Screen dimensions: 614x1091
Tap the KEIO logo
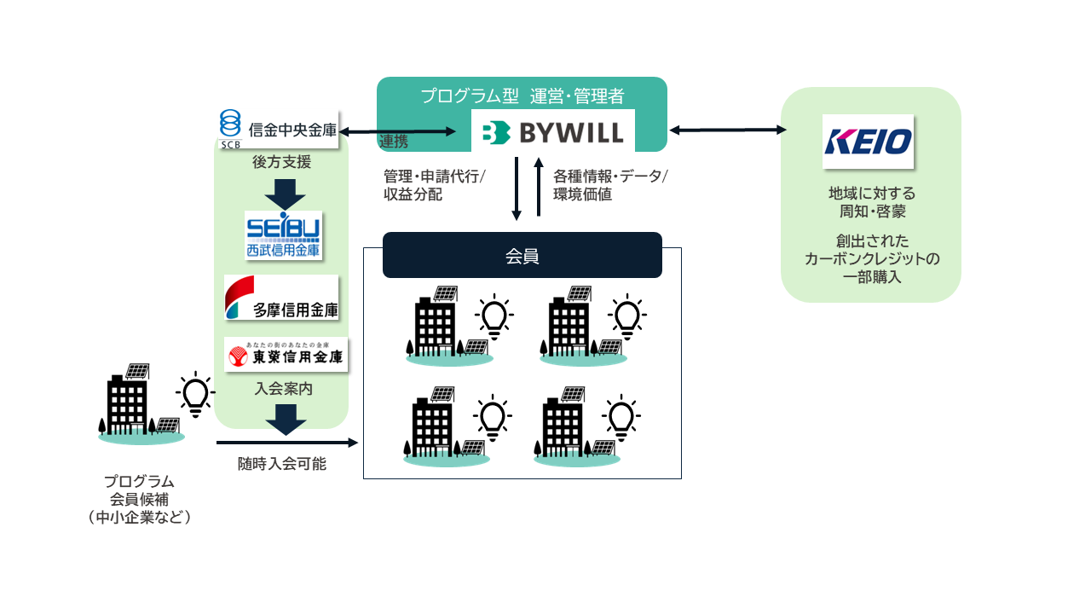(x=868, y=142)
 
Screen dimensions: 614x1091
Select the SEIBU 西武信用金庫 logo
(x=283, y=235)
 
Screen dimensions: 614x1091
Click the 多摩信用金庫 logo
(x=281, y=298)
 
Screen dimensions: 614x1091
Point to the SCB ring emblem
(x=230, y=125)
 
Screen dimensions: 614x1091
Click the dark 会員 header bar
(x=522, y=255)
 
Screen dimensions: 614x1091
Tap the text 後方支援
(x=281, y=162)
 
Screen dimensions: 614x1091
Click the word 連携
(x=394, y=142)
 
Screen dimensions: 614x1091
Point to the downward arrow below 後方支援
(x=285, y=193)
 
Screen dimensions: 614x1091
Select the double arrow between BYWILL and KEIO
(x=728, y=130)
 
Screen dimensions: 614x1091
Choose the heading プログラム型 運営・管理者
(x=522, y=96)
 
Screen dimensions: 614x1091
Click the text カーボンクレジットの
(x=871, y=258)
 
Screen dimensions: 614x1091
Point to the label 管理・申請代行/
(x=434, y=177)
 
